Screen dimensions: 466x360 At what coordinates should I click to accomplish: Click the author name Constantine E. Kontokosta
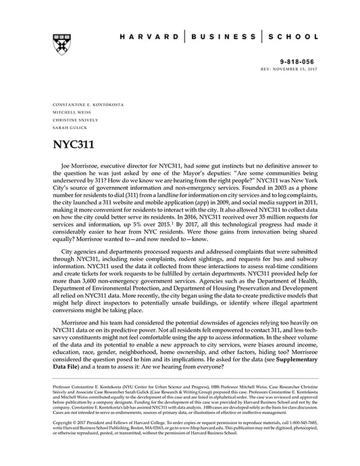tap(85, 105)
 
